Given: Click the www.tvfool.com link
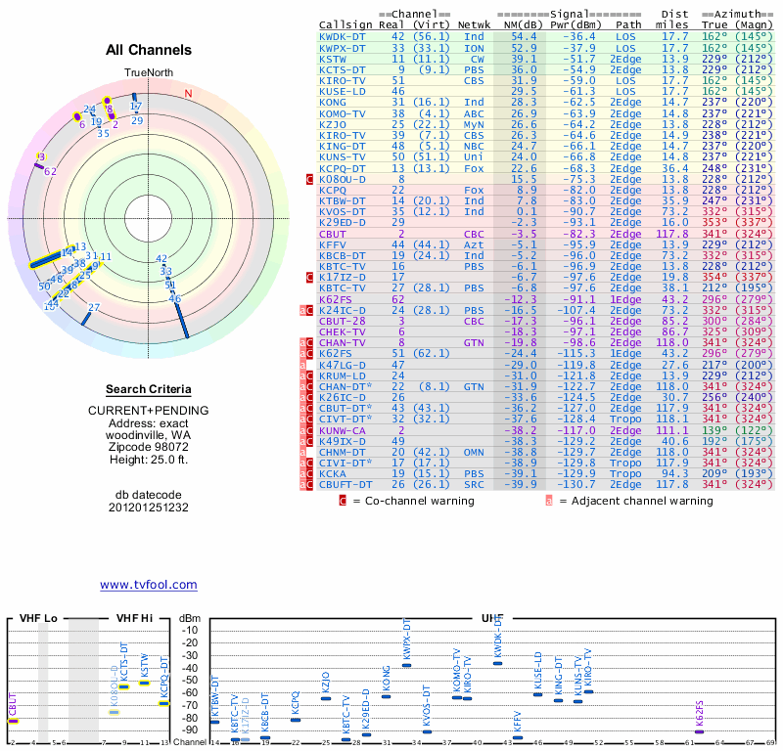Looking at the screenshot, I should click(x=149, y=585).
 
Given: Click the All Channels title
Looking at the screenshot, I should click(x=149, y=50).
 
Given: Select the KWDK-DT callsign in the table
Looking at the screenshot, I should click(x=344, y=35).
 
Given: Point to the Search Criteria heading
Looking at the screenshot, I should click(x=149, y=389).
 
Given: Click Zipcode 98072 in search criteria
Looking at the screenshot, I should click(x=149, y=448).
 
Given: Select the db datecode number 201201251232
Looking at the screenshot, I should click(x=149, y=508).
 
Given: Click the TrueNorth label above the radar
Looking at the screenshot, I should click(x=148, y=73).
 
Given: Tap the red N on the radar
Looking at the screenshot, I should click(x=188, y=94).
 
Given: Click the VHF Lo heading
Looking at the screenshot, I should click(x=38, y=619).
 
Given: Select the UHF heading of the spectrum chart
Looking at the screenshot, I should click(x=493, y=619).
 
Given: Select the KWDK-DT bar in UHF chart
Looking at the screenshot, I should click(x=497, y=663).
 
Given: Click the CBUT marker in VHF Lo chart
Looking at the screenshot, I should click(x=14, y=721).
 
